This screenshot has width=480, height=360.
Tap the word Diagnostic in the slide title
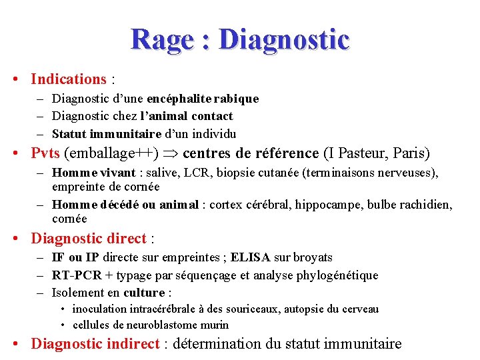[x=284, y=39]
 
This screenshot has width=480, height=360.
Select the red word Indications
[x=69, y=79]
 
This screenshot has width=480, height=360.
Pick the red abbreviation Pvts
[x=45, y=153]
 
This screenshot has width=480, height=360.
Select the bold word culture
[x=143, y=293]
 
